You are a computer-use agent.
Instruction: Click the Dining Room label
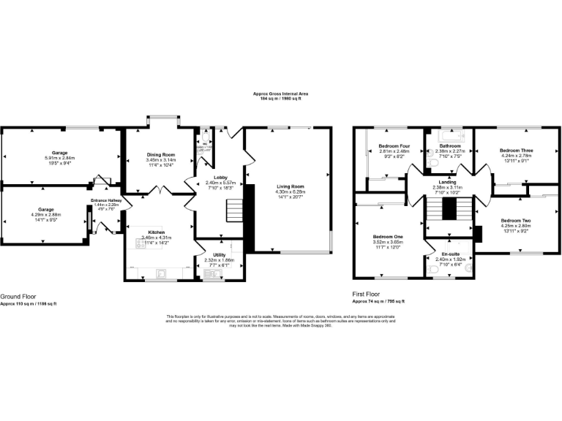[160, 155]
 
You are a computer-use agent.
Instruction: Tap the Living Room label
[290, 186]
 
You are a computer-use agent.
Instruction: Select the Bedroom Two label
[516, 221]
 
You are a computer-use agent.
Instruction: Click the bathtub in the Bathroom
[447, 136]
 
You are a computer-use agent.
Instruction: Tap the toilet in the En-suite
[436, 271]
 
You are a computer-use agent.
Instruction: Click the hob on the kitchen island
[140, 246]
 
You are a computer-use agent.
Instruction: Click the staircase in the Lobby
[234, 212]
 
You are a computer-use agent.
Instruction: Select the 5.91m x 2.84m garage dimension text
[59, 158]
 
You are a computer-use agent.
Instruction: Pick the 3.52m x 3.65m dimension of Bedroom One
[388, 242]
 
